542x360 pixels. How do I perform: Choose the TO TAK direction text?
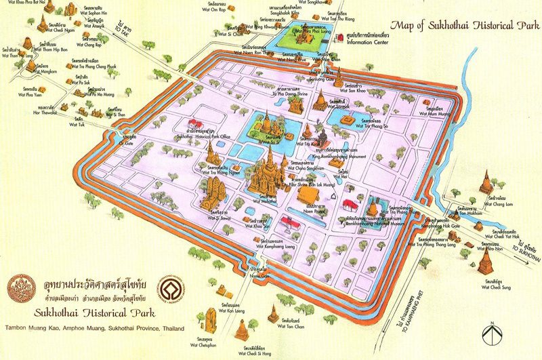pos(123,29)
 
